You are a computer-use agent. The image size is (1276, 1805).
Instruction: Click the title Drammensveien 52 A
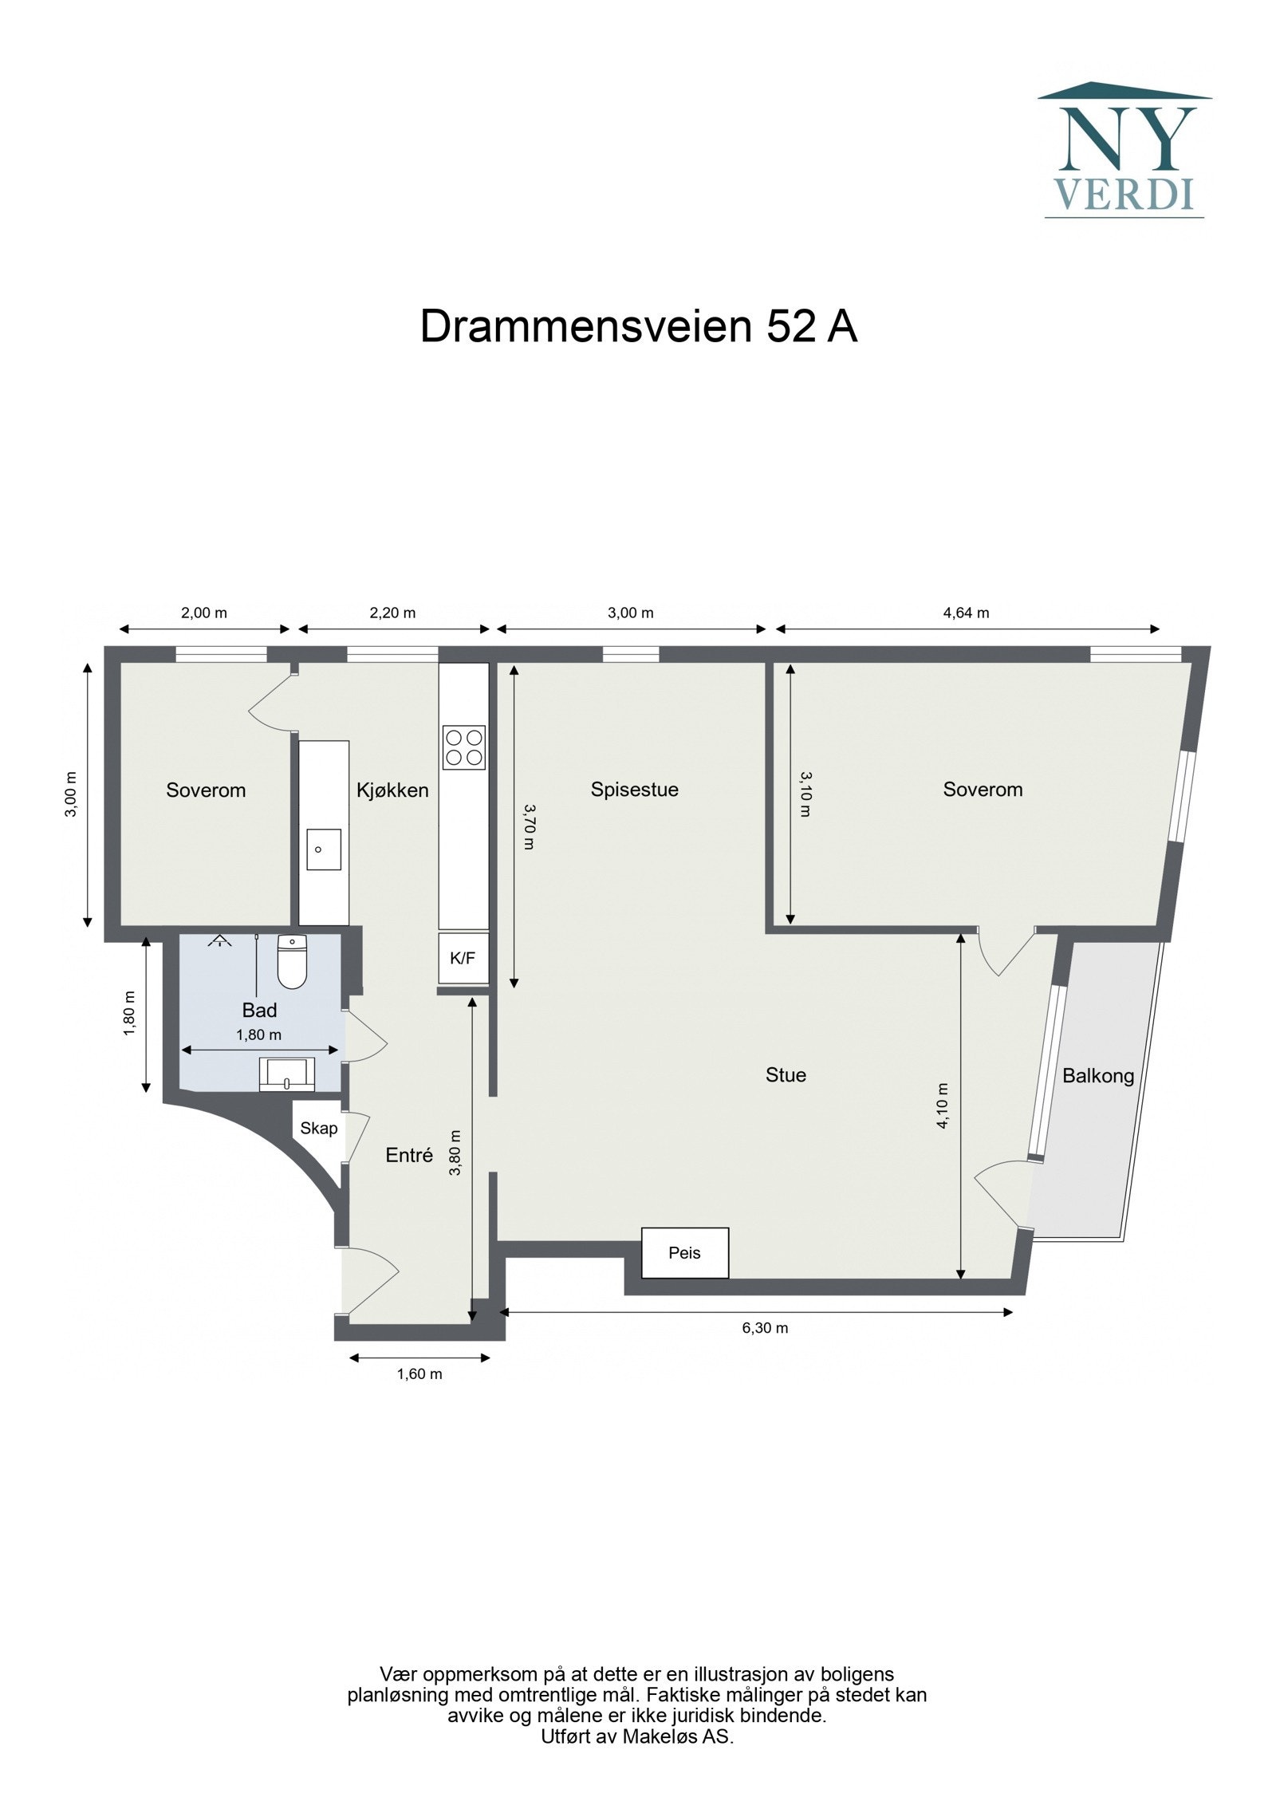coord(638,326)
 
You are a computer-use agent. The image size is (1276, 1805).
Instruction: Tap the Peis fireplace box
coord(684,1252)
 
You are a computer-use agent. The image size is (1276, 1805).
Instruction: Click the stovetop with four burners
coord(464,747)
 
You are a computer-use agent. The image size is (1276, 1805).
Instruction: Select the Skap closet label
coord(319,1129)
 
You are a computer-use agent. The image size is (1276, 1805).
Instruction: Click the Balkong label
coord(1097,1076)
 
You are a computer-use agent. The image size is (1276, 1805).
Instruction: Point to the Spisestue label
coord(634,790)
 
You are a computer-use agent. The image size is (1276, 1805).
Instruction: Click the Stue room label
coord(786,1075)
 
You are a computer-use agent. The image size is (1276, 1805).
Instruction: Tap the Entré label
coord(409,1155)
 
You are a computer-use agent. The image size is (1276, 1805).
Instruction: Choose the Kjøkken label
coord(392,790)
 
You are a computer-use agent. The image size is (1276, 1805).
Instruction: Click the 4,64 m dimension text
coord(966,613)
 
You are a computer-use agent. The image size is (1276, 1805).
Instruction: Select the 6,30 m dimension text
coord(765,1328)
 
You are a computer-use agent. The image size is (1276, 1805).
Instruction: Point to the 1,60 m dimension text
coord(419,1373)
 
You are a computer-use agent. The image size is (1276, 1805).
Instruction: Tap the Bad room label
coord(259,1011)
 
